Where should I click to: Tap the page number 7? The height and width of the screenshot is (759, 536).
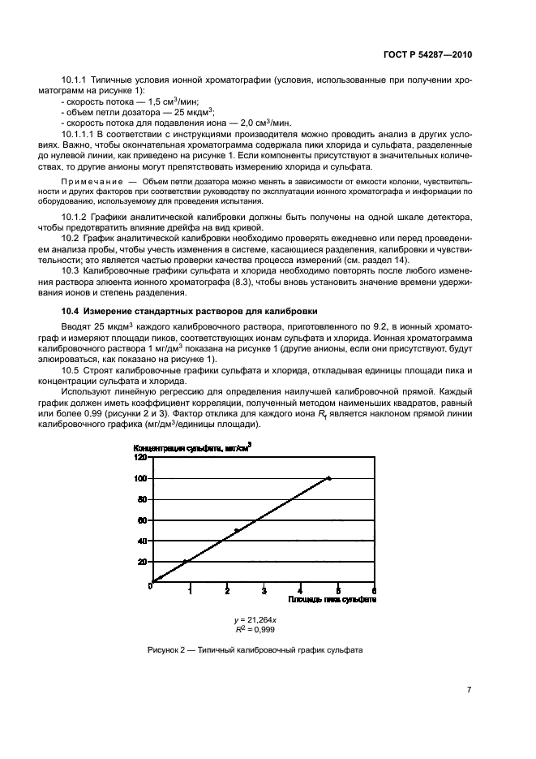(470, 690)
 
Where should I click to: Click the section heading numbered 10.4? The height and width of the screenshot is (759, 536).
(189, 312)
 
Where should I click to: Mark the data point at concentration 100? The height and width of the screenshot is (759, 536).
(328, 478)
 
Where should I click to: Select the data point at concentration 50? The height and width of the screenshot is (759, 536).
(236, 531)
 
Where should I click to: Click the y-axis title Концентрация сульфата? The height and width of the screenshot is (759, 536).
(191, 446)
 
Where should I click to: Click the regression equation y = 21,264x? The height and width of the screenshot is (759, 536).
(254, 619)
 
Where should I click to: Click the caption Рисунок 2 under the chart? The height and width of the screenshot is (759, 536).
(255, 650)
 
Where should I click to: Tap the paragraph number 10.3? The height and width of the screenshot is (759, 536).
(71, 269)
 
